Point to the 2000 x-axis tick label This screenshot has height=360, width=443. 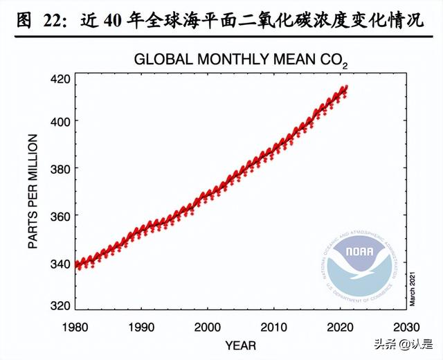click(x=208, y=326)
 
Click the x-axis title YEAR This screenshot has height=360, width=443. click(x=240, y=344)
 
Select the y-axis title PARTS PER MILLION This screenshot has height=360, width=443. click(x=33, y=192)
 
